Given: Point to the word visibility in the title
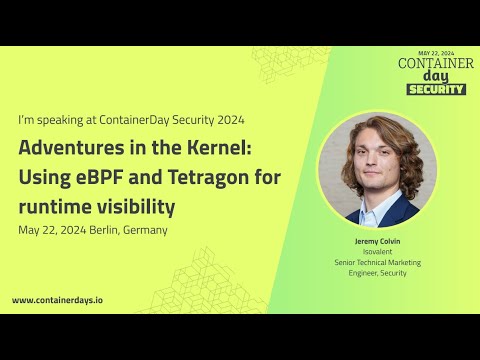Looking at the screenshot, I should point(136,207).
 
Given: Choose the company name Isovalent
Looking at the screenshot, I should point(376,253).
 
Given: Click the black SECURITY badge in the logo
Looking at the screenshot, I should point(436,89).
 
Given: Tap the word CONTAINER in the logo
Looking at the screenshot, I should point(436,64).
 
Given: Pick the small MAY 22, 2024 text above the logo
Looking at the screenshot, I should point(436,53).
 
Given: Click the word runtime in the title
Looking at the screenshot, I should point(54,207).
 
